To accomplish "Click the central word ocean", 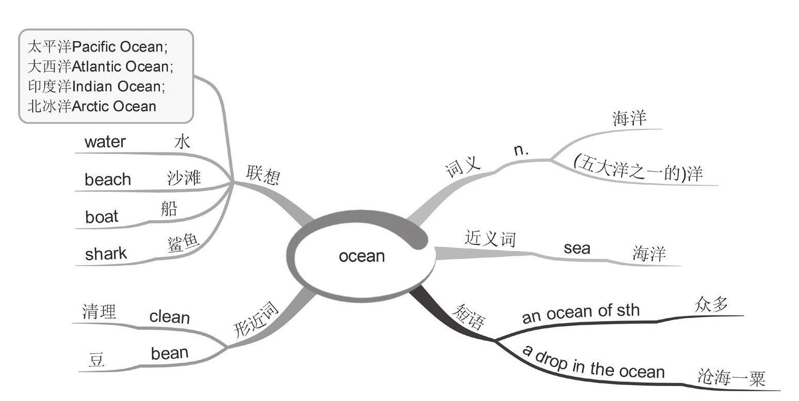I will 362,256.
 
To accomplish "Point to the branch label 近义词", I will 490,239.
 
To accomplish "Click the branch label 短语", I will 468,316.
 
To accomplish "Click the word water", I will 105,141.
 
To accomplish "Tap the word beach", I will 108,179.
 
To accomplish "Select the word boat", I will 102,216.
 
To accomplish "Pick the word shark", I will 106,254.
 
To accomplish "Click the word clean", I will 169,316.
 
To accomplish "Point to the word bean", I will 169,353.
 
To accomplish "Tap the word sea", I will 577,248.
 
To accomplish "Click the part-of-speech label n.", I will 521,150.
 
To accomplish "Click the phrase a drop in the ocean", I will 593,363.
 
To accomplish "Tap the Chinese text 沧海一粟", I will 730,378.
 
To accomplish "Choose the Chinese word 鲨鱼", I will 183,243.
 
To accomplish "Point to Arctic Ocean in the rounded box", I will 113,106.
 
